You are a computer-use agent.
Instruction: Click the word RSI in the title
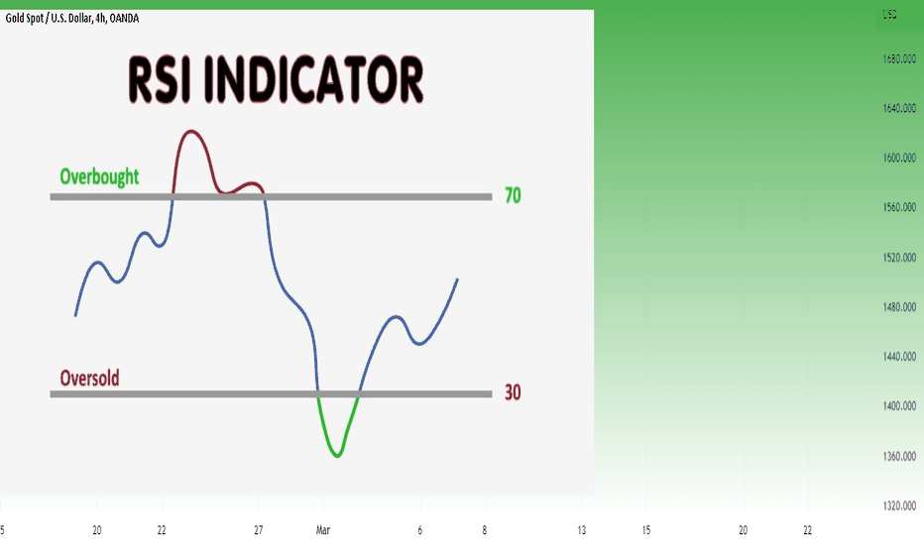[x=159, y=80]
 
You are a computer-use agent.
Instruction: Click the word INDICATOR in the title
[x=314, y=80]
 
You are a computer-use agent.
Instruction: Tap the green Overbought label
[x=99, y=176]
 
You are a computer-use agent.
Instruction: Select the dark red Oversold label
[x=89, y=378]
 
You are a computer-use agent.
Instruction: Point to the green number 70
[x=513, y=195]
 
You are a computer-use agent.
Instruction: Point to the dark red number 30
[x=513, y=392]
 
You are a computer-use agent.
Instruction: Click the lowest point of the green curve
[x=338, y=456]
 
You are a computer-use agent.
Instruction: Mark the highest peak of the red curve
[x=190, y=131]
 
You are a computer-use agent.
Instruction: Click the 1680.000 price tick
[x=899, y=58]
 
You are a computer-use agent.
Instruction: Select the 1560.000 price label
[x=899, y=207]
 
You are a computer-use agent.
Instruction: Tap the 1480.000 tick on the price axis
[x=899, y=306]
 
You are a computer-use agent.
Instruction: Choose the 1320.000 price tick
[x=899, y=505]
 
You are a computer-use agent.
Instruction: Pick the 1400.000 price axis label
[x=899, y=405]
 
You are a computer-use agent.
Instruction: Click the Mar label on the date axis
[x=323, y=530]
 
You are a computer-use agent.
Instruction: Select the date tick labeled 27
[x=258, y=530]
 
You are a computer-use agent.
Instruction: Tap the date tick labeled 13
[x=582, y=530]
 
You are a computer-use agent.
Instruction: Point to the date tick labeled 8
[x=485, y=530]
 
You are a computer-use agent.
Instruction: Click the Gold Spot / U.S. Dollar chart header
[x=72, y=18]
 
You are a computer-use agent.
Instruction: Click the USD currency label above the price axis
[x=889, y=14]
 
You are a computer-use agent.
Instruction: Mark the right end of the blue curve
[x=458, y=278]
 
